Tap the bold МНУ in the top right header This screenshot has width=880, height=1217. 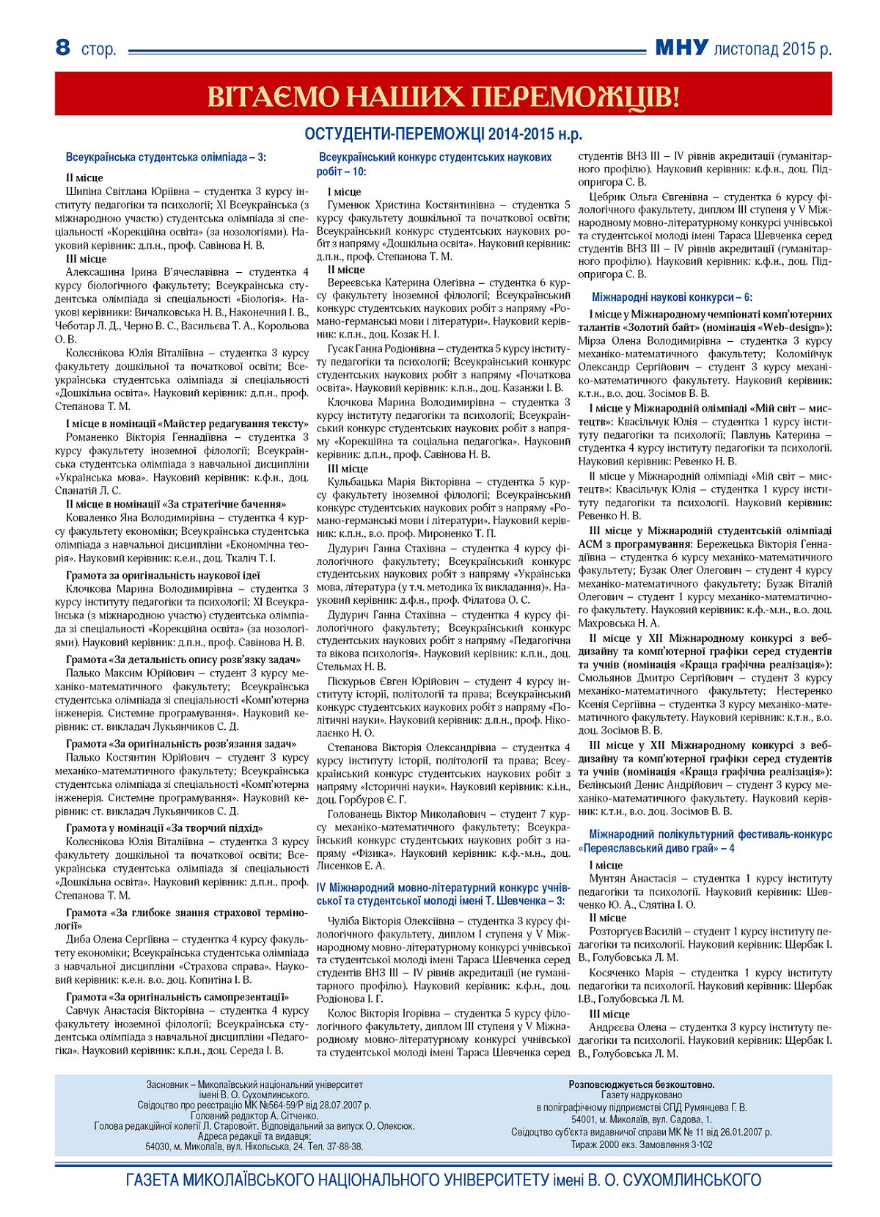pos(681,48)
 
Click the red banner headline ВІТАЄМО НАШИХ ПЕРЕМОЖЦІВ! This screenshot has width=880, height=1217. pos(443,96)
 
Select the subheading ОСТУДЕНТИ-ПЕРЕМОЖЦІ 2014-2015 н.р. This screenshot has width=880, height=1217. pos(443,134)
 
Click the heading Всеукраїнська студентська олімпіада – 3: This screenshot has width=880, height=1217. pos(166,157)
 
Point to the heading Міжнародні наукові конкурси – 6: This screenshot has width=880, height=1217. pos(672,297)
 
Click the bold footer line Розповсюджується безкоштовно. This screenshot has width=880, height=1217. pos(642,1084)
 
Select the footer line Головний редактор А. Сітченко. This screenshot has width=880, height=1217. pos(254,1116)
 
